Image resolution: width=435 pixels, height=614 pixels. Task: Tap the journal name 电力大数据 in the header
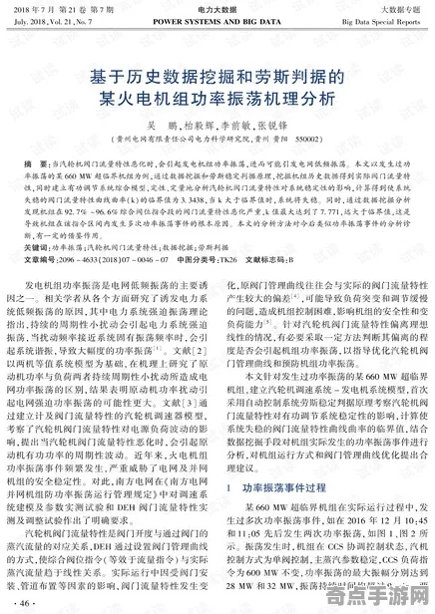point(217,8)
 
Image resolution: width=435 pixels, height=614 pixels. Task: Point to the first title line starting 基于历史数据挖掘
point(217,76)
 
